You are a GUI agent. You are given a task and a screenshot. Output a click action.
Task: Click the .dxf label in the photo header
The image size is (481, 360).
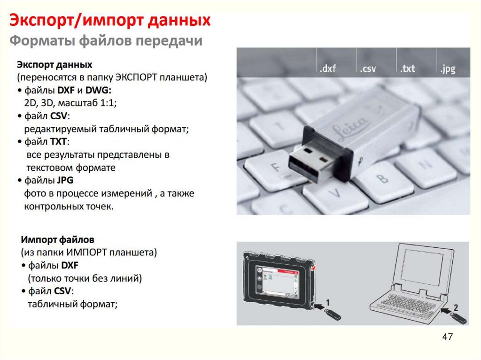tap(327, 68)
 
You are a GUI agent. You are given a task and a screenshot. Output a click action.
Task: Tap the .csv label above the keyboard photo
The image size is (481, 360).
tap(367, 68)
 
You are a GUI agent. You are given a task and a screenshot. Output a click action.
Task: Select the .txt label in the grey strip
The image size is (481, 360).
tap(407, 68)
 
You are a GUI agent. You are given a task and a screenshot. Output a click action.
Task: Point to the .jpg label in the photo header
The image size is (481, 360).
tap(448, 69)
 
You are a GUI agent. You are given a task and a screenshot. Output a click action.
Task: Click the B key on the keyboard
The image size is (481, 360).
tap(383, 178)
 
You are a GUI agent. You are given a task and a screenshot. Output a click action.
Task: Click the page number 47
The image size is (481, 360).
tap(447, 337)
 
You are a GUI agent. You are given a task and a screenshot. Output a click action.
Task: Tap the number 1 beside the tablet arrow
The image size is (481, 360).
tap(327, 303)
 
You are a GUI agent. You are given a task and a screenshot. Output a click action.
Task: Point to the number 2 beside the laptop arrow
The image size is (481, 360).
tap(456, 307)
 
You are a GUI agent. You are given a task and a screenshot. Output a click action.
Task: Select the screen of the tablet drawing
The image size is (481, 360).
tap(277, 282)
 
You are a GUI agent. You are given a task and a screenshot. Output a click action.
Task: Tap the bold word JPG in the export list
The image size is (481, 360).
tap(65, 180)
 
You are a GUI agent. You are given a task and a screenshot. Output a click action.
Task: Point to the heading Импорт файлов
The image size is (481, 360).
tap(57, 239)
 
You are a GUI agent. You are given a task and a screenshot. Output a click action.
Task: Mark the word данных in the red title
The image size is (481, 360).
tap(179, 21)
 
